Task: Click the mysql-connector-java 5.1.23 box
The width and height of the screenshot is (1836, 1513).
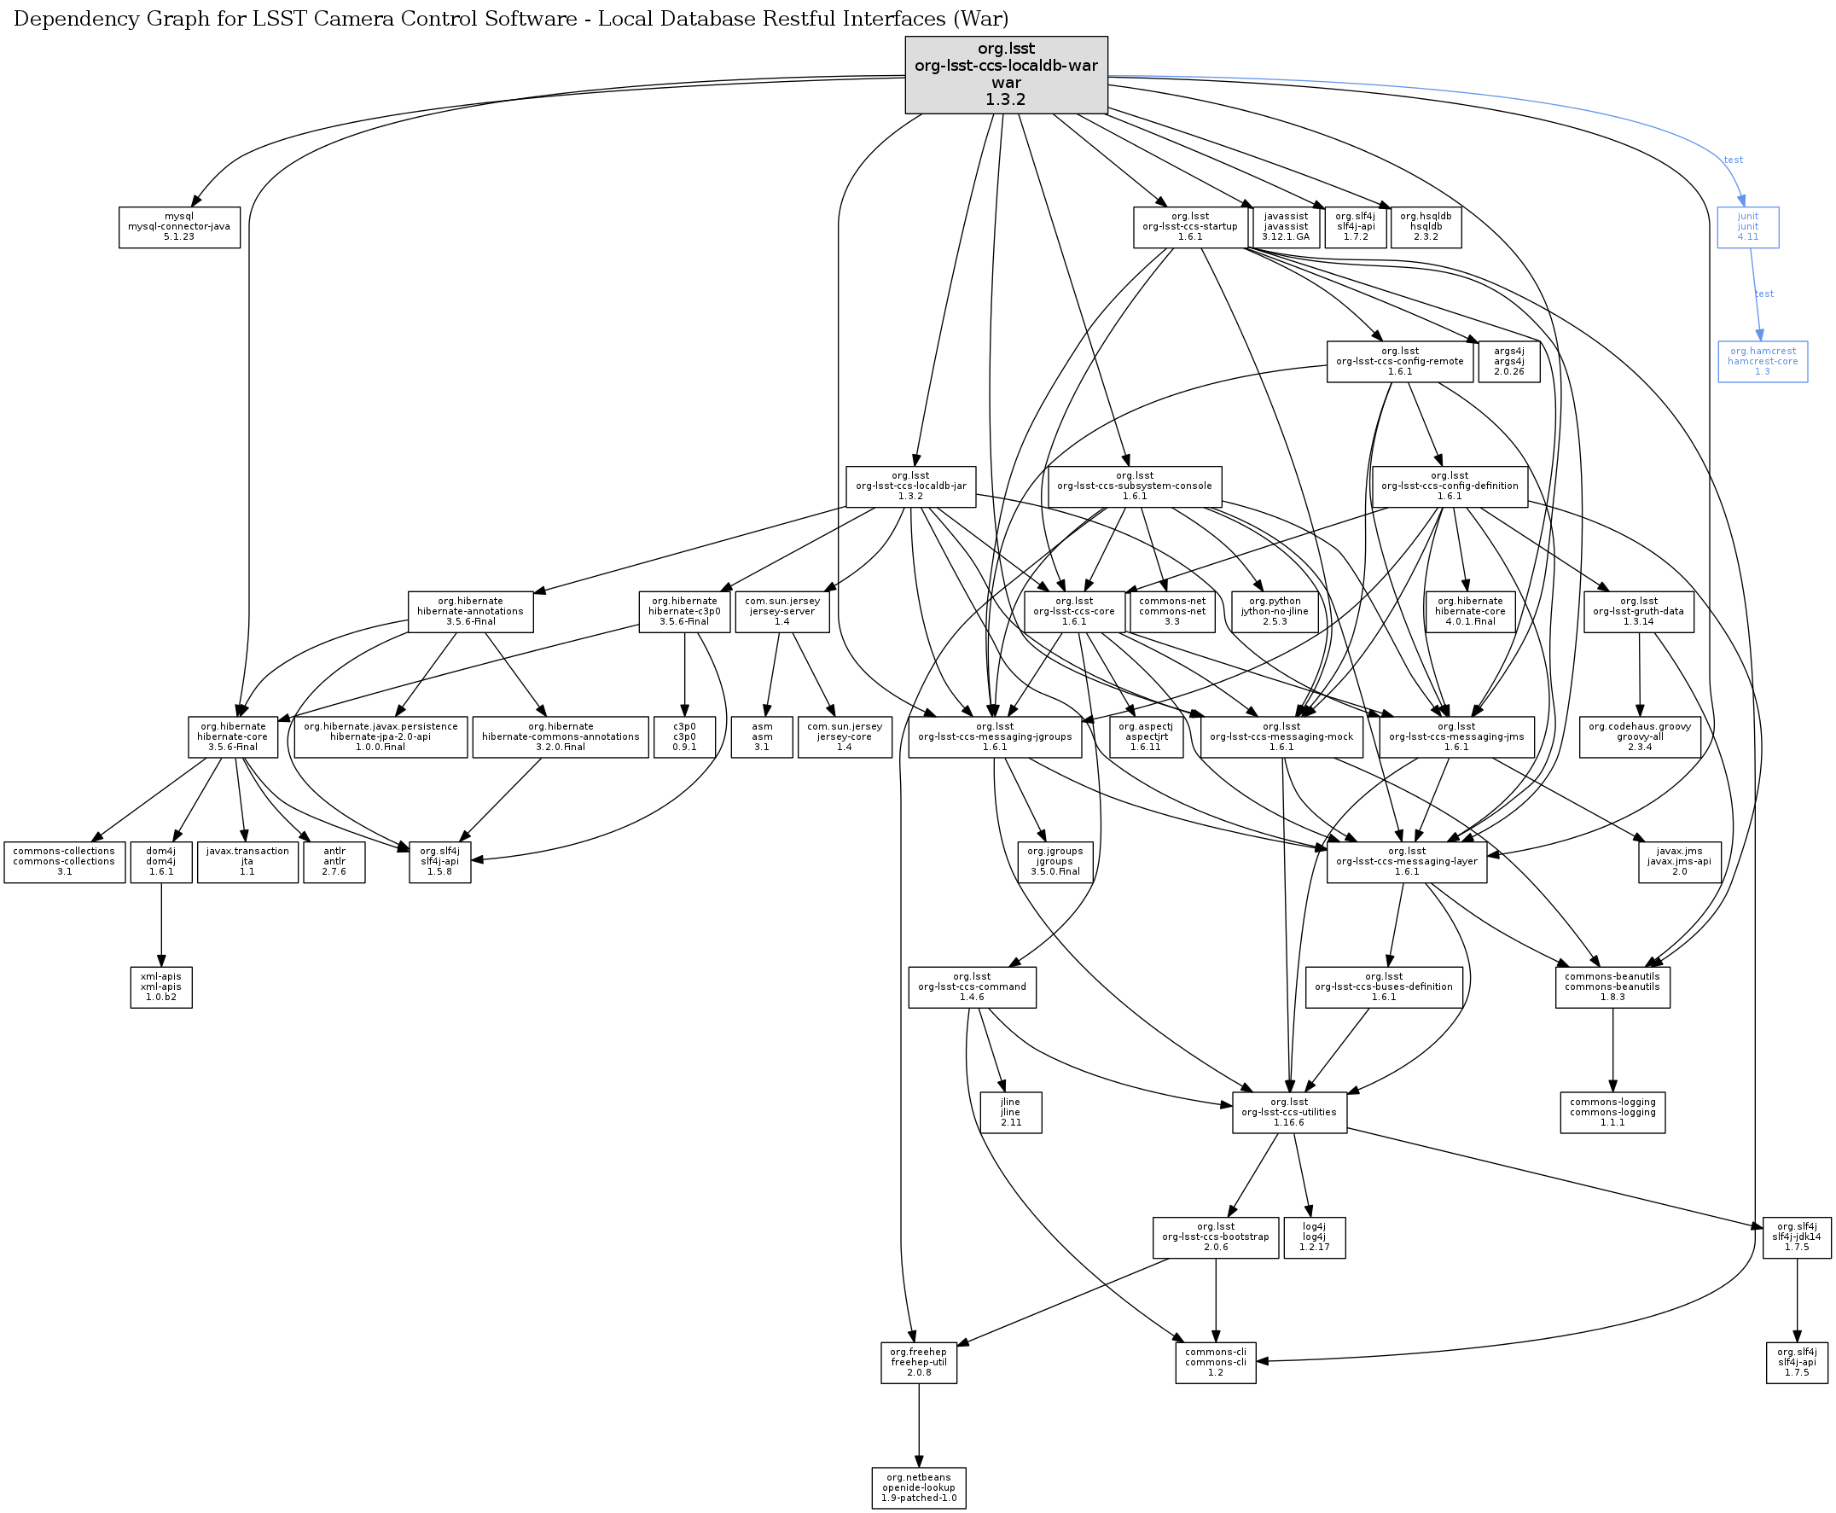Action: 179,227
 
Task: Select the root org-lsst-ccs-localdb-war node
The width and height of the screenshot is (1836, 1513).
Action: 1007,74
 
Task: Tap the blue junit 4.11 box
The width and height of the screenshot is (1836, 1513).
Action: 1748,227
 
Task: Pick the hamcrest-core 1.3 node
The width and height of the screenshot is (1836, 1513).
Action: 1763,361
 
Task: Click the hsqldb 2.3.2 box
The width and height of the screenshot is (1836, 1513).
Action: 1426,227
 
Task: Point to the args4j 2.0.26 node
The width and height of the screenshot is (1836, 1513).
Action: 1509,361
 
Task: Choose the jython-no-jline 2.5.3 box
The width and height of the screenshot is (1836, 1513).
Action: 1275,611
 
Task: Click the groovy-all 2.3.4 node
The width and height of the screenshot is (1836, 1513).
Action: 1640,736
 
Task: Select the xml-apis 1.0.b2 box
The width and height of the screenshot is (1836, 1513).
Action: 161,986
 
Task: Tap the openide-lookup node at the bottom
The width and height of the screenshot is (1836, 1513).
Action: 920,1487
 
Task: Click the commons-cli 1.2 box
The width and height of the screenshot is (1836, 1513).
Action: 1216,1362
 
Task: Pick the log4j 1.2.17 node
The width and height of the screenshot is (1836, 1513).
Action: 1315,1237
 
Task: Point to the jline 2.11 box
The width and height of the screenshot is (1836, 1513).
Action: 1011,1112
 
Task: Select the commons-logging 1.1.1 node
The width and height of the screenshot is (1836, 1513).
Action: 1613,1112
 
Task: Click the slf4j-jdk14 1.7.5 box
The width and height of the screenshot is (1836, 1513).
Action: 1797,1237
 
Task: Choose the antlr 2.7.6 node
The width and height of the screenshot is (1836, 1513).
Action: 334,861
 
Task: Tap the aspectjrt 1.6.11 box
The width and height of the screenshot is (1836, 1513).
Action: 1147,736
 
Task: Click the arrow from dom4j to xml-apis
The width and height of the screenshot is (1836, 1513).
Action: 161,925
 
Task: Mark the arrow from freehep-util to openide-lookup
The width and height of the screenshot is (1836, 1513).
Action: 920,1425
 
